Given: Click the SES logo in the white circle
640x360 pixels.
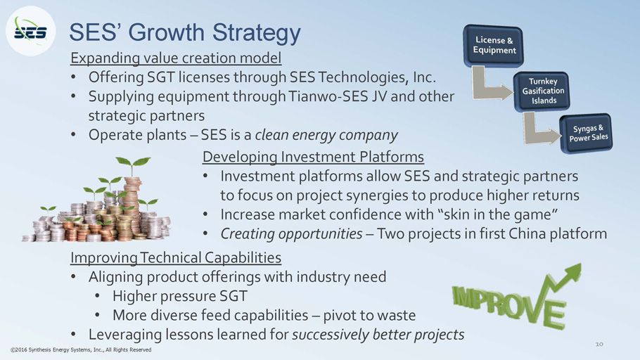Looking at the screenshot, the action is tap(31, 32).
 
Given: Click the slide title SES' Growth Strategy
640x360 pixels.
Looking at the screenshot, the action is tap(185, 32).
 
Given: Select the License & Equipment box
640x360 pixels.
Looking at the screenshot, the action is tap(494, 45).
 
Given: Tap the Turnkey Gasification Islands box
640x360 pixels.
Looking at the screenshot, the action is tap(542, 91).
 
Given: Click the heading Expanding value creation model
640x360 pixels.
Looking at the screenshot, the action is tap(176, 58).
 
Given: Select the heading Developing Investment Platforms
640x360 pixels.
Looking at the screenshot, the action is tap(313, 157).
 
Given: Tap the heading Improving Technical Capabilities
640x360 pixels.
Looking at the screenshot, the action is tap(176, 257).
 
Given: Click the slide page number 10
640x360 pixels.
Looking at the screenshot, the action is tap(599, 344).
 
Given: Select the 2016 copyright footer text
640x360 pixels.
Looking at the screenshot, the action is tap(81, 349).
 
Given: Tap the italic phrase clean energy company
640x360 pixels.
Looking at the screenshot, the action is tap(326, 135).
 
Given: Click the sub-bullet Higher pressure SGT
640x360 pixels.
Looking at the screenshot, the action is tap(180, 296).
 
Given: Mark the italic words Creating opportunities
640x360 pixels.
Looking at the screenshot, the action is tap(291, 234).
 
